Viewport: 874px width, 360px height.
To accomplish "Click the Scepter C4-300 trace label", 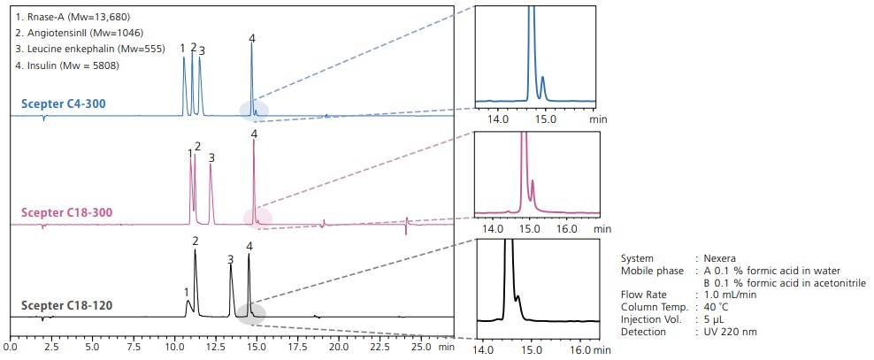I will (64, 104).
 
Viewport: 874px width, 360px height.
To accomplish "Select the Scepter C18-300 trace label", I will (68, 213).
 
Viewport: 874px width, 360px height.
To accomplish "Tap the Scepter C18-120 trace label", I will (67, 307).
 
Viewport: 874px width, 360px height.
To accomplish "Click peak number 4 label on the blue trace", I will (252, 39).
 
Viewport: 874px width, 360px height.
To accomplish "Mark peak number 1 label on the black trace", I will (186, 292).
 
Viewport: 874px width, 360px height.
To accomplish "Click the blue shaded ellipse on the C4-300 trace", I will (254, 111).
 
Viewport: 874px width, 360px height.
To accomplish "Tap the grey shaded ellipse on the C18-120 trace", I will (251, 312).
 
